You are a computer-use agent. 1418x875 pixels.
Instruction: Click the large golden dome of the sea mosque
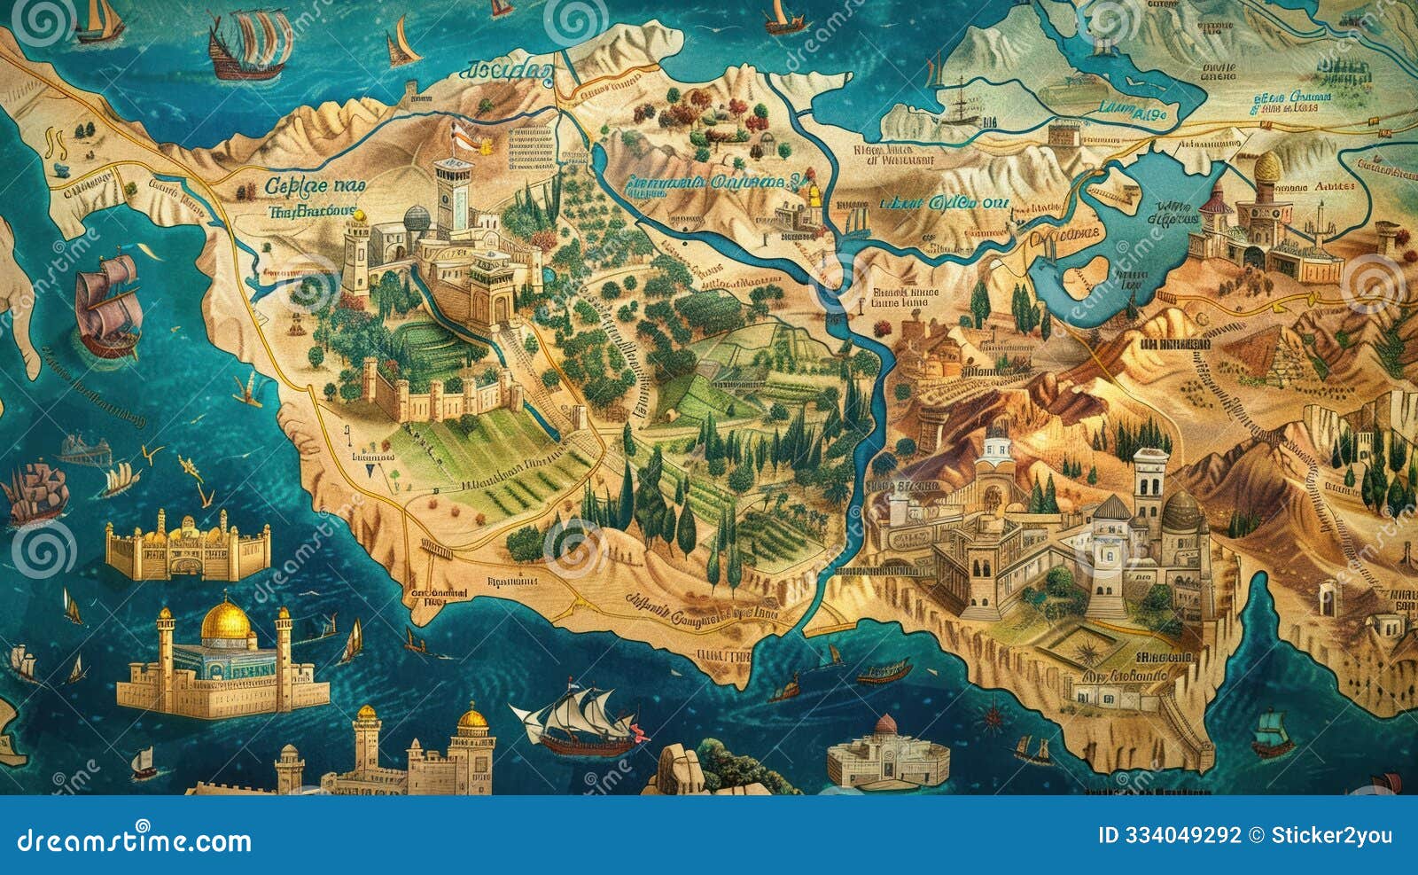pos(218,622)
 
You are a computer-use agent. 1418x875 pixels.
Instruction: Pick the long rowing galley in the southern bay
pos(883,676)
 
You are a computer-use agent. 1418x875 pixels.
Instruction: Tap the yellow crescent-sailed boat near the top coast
pos(401,44)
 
